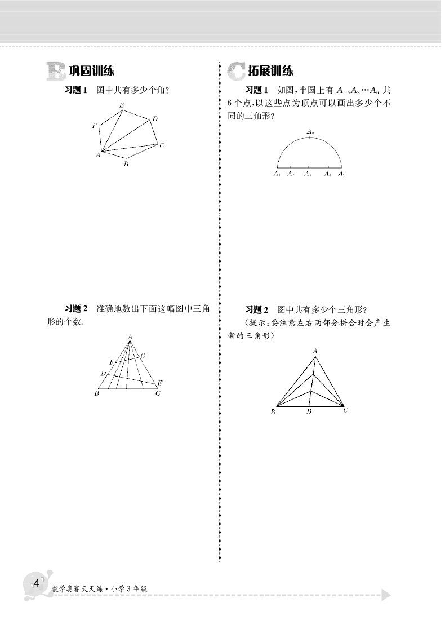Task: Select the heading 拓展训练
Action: click(x=270, y=71)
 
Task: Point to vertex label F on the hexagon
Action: click(x=94, y=125)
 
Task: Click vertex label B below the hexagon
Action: click(x=126, y=164)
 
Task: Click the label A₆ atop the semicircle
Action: click(x=310, y=131)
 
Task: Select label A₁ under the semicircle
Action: click(x=277, y=174)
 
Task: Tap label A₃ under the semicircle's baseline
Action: click(x=308, y=174)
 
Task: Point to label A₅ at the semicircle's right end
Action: click(x=341, y=174)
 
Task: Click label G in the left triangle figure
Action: click(x=143, y=356)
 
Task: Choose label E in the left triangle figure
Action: click(x=160, y=383)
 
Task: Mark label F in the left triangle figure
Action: click(x=112, y=361)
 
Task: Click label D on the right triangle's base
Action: click(x=309, y=412)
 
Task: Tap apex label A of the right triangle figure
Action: click(x=315, y=351)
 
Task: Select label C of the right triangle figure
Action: click(x=345, y=410)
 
